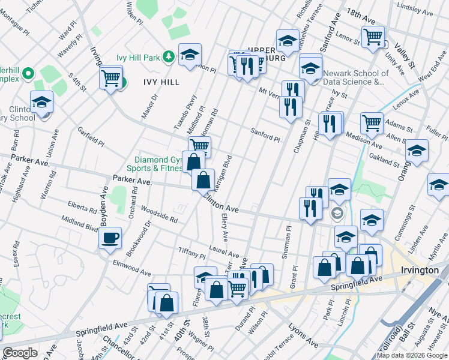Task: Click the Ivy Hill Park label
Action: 138,58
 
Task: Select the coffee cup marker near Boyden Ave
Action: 110,238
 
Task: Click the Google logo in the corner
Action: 20,353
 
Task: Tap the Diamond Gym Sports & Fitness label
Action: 157,164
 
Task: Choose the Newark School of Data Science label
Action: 355,77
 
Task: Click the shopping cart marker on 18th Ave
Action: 373,37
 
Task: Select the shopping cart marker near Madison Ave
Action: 372,123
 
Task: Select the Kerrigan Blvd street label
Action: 221,174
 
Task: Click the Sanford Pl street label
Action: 265,134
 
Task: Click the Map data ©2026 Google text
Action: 412,355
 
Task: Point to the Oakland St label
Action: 385,160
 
